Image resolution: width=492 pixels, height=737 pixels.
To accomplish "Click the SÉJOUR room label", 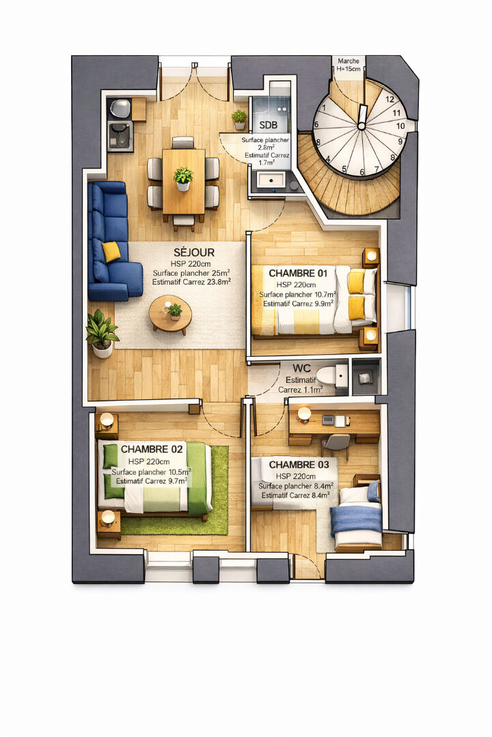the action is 194,252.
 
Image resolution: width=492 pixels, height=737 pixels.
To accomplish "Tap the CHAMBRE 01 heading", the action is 297,273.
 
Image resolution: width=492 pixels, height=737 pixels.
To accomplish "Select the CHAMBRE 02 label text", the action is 152,449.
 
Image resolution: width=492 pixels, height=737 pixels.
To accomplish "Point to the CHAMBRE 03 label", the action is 299,465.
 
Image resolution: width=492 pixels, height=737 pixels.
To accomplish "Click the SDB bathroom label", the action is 269,126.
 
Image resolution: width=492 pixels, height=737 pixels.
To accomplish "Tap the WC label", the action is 302,368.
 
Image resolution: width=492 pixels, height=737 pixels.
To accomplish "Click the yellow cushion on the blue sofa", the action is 111,251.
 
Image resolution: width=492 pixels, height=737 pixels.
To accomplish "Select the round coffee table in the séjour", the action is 170,314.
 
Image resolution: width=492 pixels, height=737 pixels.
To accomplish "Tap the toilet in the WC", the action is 332,375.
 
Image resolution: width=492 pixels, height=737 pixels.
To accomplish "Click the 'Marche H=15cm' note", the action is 348,65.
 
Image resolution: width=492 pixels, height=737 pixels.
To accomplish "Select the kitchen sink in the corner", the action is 120,108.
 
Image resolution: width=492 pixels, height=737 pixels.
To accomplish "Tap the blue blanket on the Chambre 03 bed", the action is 357,519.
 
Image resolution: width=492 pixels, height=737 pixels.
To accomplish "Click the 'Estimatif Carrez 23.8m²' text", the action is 191,282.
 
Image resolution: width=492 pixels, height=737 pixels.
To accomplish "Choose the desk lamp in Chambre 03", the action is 303,414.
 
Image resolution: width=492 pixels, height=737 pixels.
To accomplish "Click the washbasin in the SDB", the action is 270,180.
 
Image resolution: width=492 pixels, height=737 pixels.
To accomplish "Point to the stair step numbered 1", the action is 323,108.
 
